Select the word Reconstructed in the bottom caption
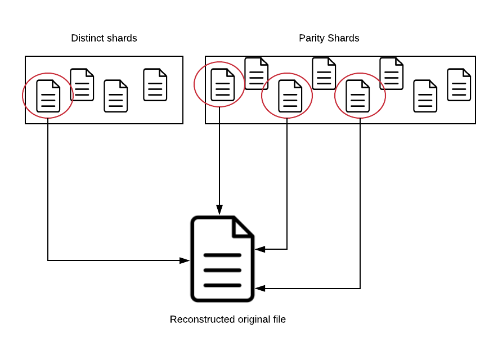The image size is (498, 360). [x=203, y=319]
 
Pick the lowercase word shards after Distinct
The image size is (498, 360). [x=120, y=38]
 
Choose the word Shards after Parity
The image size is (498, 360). [x=344, y=38]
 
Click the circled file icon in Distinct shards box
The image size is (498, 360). [x=48, y=96]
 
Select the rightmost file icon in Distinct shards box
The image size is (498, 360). [x=155, y=84]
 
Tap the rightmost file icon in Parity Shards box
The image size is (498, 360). [x=459, y=84]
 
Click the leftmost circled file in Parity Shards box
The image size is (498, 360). [x=222, y=84]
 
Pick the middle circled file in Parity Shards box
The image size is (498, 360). [x=290, y=96]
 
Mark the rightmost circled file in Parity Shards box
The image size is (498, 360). [x=357, y=96]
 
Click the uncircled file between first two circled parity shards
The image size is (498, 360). [x=256, y=73]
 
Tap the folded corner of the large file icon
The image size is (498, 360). [x=243, y=227]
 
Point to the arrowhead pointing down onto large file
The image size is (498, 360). [x=219, y=210]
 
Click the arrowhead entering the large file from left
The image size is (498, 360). [x=185, y=260]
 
